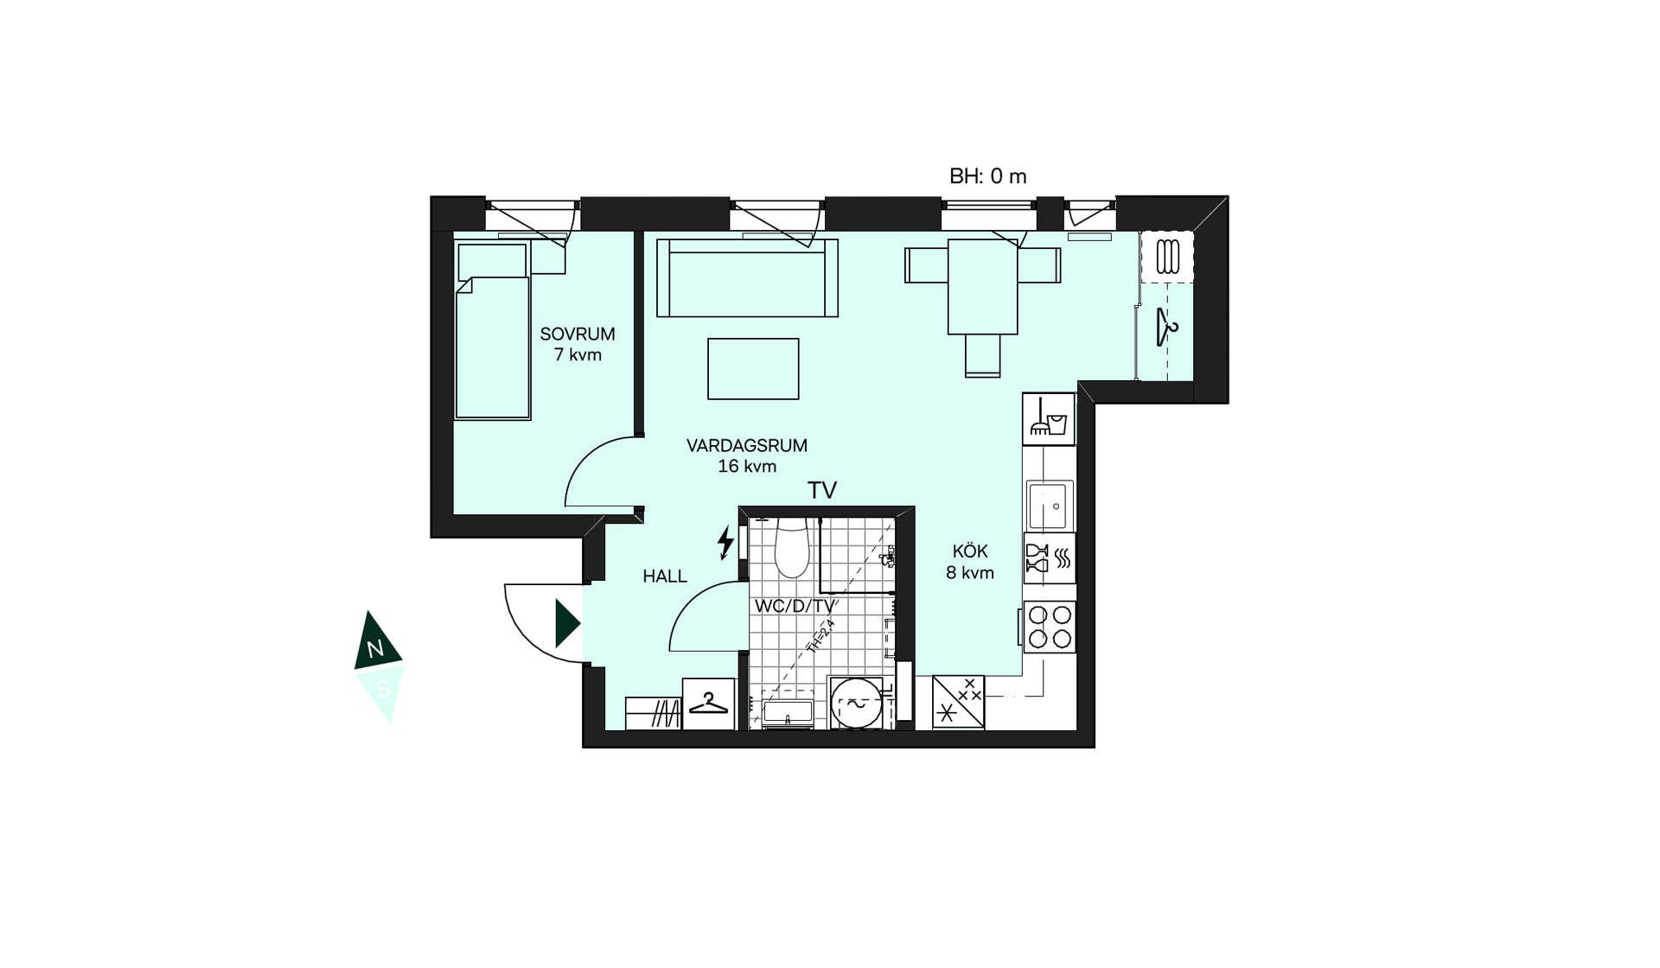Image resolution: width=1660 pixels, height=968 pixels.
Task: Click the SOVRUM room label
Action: [x=578, y=334]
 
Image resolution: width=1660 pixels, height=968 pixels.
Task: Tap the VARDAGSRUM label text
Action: [x=747, y=446]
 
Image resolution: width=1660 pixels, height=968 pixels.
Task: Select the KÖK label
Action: [x=970, y=551]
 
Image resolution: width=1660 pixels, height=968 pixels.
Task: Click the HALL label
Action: [x=665, y=576]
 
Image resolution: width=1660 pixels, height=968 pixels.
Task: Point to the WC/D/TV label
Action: [x=795, y=606]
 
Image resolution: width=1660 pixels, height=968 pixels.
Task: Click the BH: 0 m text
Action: [x=988, y=176]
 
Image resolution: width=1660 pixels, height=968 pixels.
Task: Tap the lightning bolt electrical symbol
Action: [x=725, y=543]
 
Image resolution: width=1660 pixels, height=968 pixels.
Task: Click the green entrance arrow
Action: [x=567, y=623]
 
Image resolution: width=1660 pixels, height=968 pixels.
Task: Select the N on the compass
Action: [x=375, y=650]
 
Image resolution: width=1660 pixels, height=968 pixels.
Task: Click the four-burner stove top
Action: [x=1050, y=627]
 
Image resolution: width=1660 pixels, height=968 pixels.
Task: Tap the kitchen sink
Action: [x=1050, y=505]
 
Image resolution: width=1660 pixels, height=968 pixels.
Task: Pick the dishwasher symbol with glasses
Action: [x=1050, y=558]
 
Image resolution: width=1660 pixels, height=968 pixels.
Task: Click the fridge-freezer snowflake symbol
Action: [x=958, y=702]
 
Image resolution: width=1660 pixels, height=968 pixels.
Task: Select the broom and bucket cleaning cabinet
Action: [x=1049, y=419]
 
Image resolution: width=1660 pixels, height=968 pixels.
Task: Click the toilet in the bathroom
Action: [x=791, y=548]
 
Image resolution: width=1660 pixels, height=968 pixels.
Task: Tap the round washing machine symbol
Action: [x=857, y=703]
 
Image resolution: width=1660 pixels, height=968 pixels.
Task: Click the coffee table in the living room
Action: [x=753, y=369]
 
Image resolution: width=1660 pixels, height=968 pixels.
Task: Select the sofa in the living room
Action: [x=747, y=277]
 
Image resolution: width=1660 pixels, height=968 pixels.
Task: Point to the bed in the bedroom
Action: [x=492, y=332]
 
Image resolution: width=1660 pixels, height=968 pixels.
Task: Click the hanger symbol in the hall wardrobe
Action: [x=709, y=704]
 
